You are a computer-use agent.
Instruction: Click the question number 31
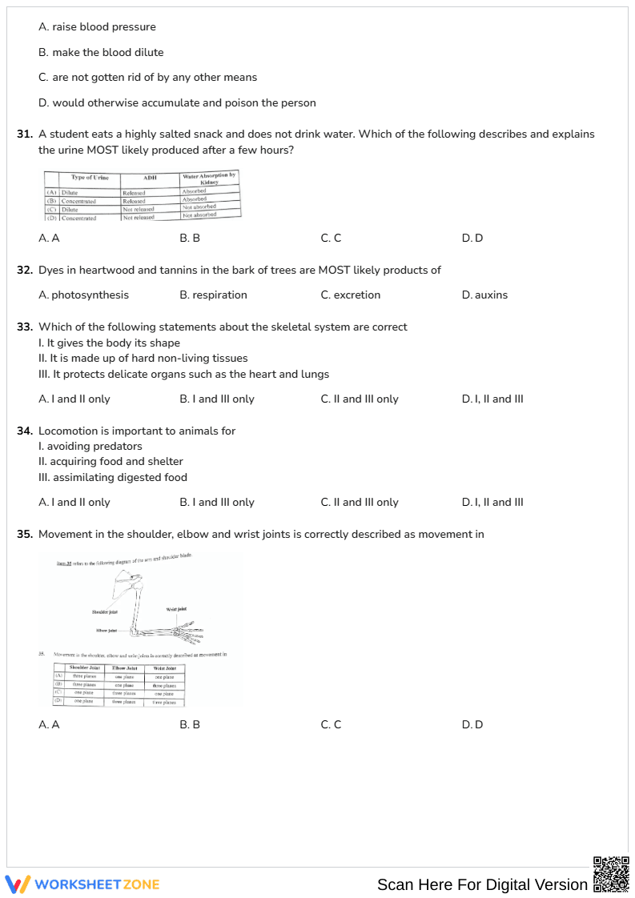click(25, 134)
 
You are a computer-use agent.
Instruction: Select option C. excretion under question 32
click(351, 295)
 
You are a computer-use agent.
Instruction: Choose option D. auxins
click(484, 295)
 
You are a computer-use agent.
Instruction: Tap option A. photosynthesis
click(83, 295)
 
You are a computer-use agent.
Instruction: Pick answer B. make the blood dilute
click(101, 52)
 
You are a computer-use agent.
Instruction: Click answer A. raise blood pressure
click(97, 26)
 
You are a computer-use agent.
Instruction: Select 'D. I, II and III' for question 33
click(492, 399)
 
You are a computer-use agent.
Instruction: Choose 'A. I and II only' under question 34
click(74, 502)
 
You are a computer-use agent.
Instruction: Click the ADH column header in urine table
click(150, 178)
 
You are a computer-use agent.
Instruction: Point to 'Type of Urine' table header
click(90, 177)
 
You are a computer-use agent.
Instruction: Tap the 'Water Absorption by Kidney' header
click(209, 178)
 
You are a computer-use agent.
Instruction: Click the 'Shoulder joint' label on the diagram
click(105, 611)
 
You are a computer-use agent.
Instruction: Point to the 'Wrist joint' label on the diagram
click(176, 609)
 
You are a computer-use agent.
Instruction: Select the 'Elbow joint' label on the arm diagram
click(107, 630)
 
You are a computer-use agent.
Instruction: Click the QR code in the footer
click(610, 874)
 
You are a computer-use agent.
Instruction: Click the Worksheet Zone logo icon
click(18, 884)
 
